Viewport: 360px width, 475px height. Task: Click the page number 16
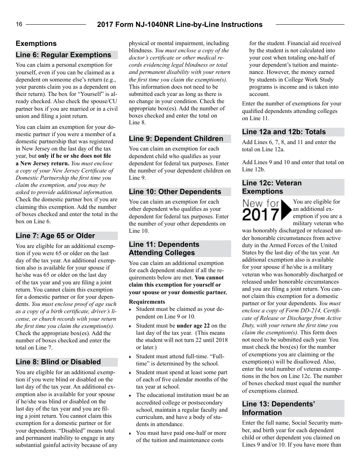pos(19,25)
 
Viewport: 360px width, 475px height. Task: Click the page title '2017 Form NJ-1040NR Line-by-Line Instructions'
pos(180,25)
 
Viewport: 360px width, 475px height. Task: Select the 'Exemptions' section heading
pos(36,44)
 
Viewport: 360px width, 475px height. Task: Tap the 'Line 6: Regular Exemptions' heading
pos(63,55)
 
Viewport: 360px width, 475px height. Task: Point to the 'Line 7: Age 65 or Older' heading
pos(55,236)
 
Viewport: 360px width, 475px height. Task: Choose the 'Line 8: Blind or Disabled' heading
pos(58,362)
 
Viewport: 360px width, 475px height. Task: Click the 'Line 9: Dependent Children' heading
pos(176,139)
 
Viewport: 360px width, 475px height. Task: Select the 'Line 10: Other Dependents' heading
pos(175,192)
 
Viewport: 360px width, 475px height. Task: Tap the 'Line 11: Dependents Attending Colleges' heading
pos(164,249)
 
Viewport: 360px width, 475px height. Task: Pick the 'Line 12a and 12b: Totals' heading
pos(284,132)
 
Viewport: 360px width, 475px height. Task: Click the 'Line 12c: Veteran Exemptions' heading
pos(272,187)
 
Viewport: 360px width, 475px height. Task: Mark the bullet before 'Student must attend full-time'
pos(130,357)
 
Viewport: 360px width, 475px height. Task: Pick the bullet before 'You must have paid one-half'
pos(130,433)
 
